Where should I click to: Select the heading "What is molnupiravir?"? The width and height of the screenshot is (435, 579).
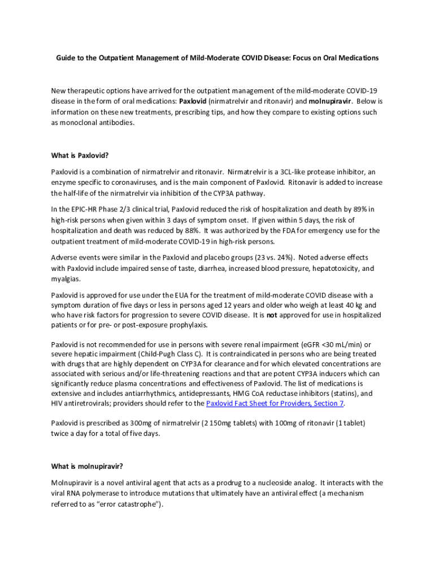87,466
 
